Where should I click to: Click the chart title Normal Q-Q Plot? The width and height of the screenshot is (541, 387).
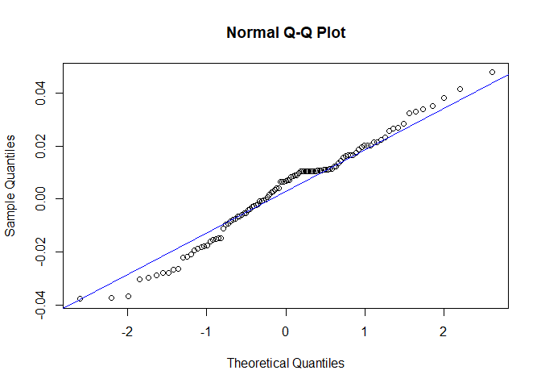[286, 33]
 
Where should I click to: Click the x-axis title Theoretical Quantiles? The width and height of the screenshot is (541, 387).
[286, 363]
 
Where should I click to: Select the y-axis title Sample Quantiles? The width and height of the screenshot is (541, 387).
[11, 186]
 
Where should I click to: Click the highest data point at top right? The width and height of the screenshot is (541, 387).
[492, 72]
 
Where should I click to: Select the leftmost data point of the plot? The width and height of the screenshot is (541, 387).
[80, 298]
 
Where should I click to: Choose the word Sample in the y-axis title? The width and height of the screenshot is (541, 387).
[11, 211]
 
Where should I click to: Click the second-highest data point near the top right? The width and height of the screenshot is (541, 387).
[460, 89]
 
